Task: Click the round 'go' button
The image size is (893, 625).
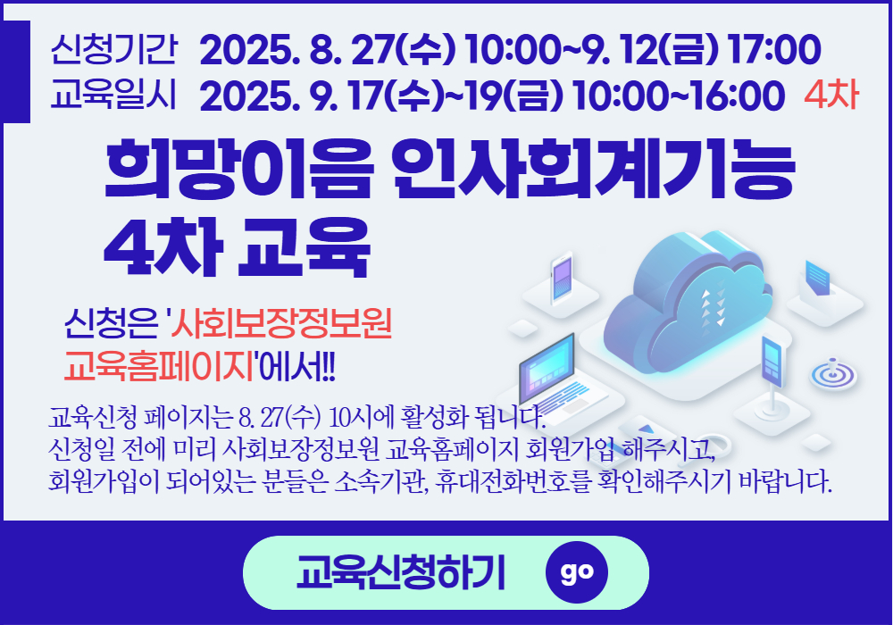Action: [576, 572]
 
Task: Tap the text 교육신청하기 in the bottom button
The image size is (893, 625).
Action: [400, 572]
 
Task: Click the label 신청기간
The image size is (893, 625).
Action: [114, 49]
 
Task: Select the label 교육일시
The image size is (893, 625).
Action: [114, 95]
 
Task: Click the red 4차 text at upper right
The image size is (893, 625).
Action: [831, 95]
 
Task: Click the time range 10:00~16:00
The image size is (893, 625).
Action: [680, 95]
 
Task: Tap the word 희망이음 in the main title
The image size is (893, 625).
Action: [239, 169]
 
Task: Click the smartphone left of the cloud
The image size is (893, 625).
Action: [561, 279]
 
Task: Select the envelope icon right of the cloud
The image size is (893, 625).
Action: [816, 279]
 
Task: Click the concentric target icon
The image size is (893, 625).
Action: [833, 374]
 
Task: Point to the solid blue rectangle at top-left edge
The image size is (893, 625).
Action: [15, 71]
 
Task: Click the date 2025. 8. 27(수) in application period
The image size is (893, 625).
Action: [328, 49]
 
